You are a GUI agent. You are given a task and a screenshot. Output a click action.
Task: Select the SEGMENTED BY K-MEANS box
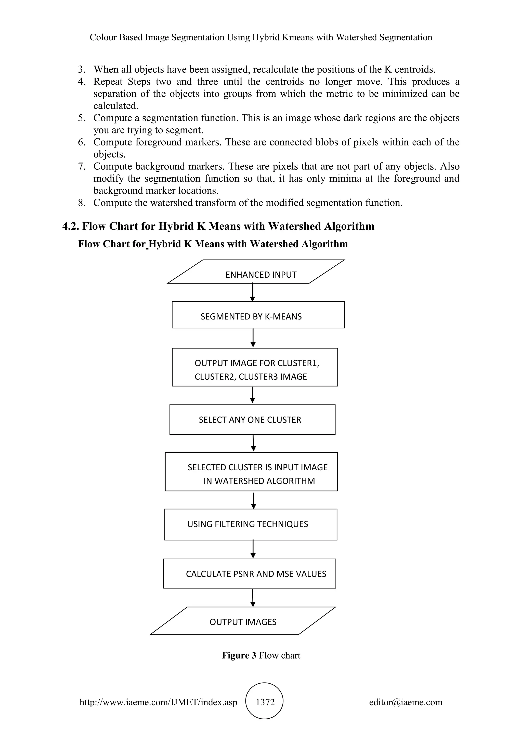[258, 315]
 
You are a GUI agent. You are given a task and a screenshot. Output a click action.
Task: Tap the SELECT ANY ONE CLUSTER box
[252, 420]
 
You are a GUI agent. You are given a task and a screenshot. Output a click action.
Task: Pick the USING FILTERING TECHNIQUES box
[251, 524]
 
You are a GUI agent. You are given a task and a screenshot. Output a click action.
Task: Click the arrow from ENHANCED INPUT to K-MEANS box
[253, 292]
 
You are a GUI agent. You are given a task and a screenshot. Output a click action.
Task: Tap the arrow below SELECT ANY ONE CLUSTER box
[253, 443]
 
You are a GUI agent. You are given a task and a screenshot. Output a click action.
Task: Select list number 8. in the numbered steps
[82, 203]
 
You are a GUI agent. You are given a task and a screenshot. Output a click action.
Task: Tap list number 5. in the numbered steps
[82, 118]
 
